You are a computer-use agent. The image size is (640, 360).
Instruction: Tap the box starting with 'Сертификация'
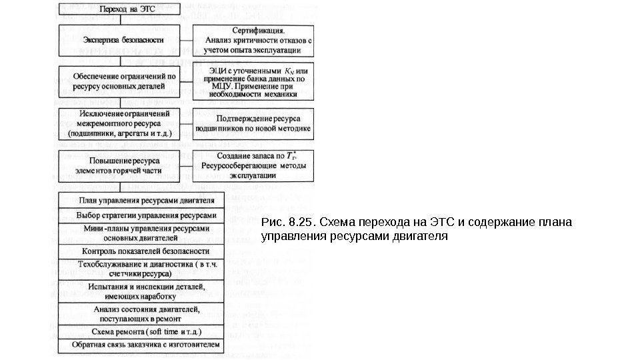(x=253, y=40)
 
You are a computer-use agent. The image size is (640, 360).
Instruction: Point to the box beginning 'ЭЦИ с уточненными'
(x=253, y=81)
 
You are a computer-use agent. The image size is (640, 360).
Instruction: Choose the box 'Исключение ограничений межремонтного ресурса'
(x=120, y=124)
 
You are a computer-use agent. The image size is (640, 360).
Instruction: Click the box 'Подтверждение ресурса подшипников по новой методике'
(x=253, y=124)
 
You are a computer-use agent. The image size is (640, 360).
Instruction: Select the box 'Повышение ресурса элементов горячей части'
(x=120, y=165)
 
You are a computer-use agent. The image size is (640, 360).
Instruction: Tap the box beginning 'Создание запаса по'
(x=253, y=166)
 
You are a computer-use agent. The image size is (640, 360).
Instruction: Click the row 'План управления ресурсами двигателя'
(x=142, y=200)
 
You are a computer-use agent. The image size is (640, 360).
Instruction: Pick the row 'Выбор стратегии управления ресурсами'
(x=142, y=215)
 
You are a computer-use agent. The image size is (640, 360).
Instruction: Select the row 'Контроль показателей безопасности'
(x=142, y=251)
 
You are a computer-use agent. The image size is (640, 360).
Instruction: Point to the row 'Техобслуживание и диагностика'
(x=142, y=269)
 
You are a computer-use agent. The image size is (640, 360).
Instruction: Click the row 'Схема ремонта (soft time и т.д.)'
(x=142, y=331)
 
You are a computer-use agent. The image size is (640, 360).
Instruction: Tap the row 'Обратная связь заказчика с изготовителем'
(x=142, y=346)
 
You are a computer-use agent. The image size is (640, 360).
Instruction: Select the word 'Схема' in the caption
(x=338, y=222)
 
